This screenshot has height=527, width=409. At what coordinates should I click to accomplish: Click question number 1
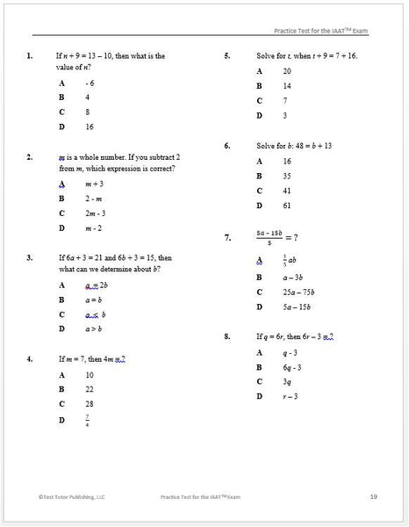[x=30, y=56]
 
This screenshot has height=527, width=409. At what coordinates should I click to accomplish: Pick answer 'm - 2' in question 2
[x=94, y=228]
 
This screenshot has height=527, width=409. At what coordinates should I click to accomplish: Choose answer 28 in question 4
[x=90, y=404]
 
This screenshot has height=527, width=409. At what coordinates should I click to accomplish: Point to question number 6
[x=227, y=145]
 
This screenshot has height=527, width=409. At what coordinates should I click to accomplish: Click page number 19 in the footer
[x=373, y=497]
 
